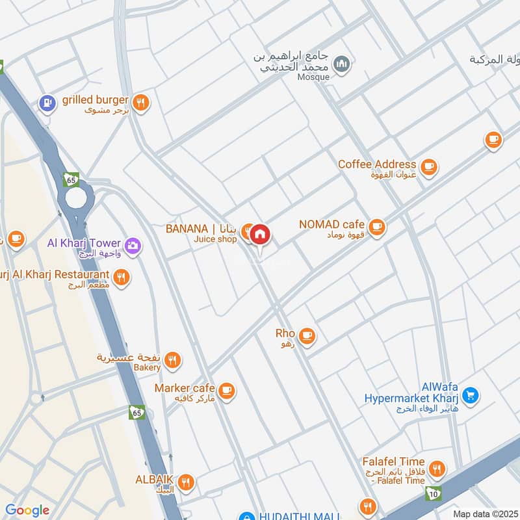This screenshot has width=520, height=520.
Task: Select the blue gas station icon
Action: click(47, 102)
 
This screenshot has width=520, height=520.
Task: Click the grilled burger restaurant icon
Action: click(140, 102)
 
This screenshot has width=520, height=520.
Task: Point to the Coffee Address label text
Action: click(376, 164)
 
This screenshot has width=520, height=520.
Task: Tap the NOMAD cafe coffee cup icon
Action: click(376, 227)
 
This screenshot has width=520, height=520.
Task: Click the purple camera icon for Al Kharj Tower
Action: click(134, 245)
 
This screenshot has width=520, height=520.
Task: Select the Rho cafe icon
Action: click(307, 336)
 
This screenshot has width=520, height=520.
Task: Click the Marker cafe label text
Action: click(185, 388)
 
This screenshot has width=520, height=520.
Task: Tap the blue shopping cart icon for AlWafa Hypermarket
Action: click(471, 395)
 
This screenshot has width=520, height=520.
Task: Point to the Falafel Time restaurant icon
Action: click(437, 469)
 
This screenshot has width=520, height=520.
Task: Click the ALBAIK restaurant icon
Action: click(186, 482)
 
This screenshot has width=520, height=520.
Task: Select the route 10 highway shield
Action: click(434, 493)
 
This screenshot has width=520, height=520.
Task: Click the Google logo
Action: click(27, 510)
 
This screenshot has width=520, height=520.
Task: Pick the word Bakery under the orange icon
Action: click(148, 367)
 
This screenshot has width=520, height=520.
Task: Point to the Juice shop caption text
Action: click(215, 239)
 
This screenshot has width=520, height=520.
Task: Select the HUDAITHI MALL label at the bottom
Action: click(299, 516)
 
